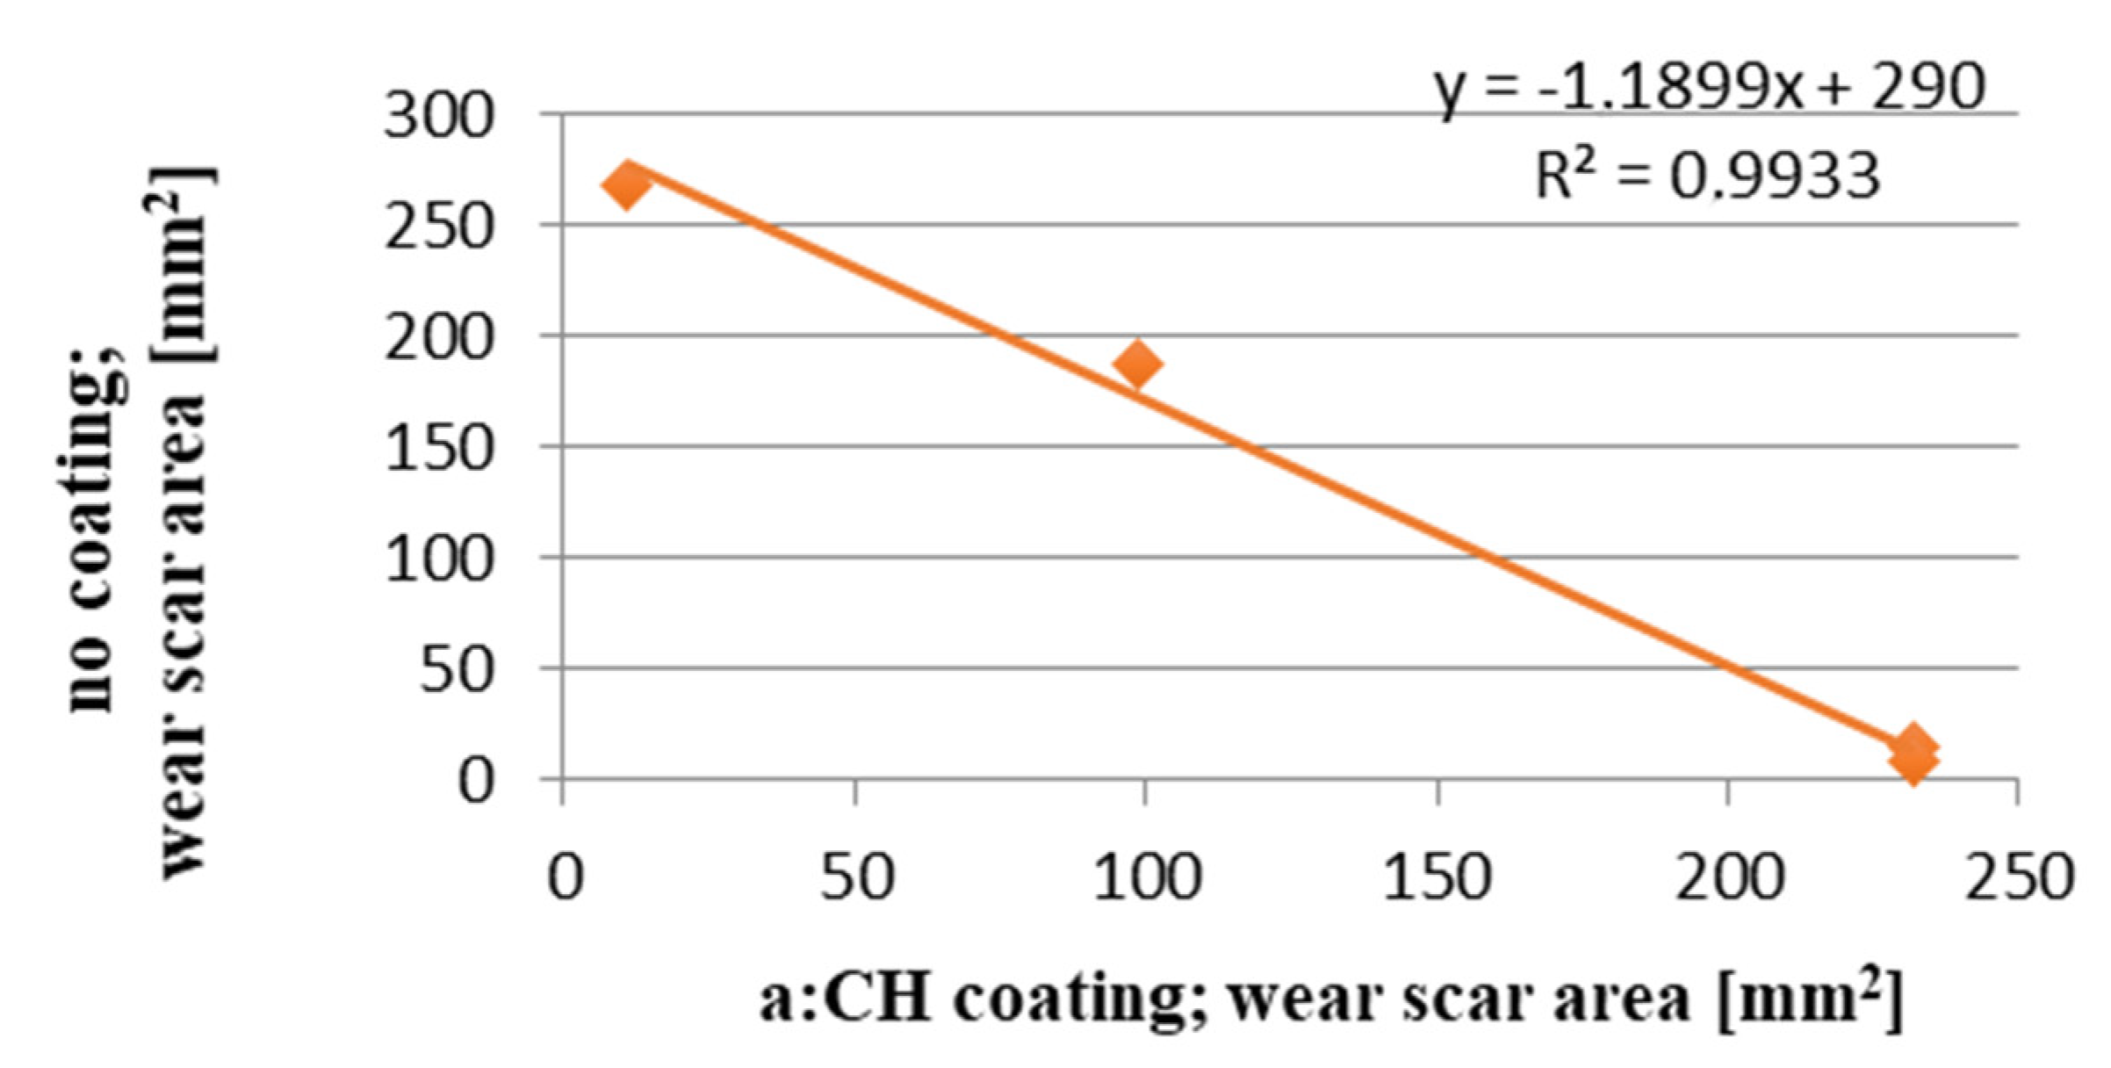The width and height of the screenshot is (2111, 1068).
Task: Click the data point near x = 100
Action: click(1138, 364)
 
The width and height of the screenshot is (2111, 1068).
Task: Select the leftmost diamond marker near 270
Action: click(626, 185)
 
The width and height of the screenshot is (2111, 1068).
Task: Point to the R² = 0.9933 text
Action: click(1708, 176)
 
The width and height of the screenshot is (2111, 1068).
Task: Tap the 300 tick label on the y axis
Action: click(439, 116)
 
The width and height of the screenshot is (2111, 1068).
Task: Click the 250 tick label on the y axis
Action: click(439, 227)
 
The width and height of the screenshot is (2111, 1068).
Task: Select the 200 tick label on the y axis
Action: click(439, 337)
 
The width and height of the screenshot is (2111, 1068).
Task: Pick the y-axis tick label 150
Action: click(439, 448)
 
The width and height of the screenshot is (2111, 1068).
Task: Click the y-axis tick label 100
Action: click(439, 559)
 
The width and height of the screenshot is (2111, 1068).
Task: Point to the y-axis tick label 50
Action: click(457, 669)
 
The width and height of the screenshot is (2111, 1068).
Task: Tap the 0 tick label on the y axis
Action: click(476, 780)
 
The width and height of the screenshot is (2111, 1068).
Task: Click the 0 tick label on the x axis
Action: click(564, 877)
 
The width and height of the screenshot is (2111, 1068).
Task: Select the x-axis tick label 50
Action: click(856, 877)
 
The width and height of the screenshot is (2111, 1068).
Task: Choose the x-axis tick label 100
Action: click(1146, 877)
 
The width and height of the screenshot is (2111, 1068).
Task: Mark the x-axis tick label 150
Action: click(1437, 877)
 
